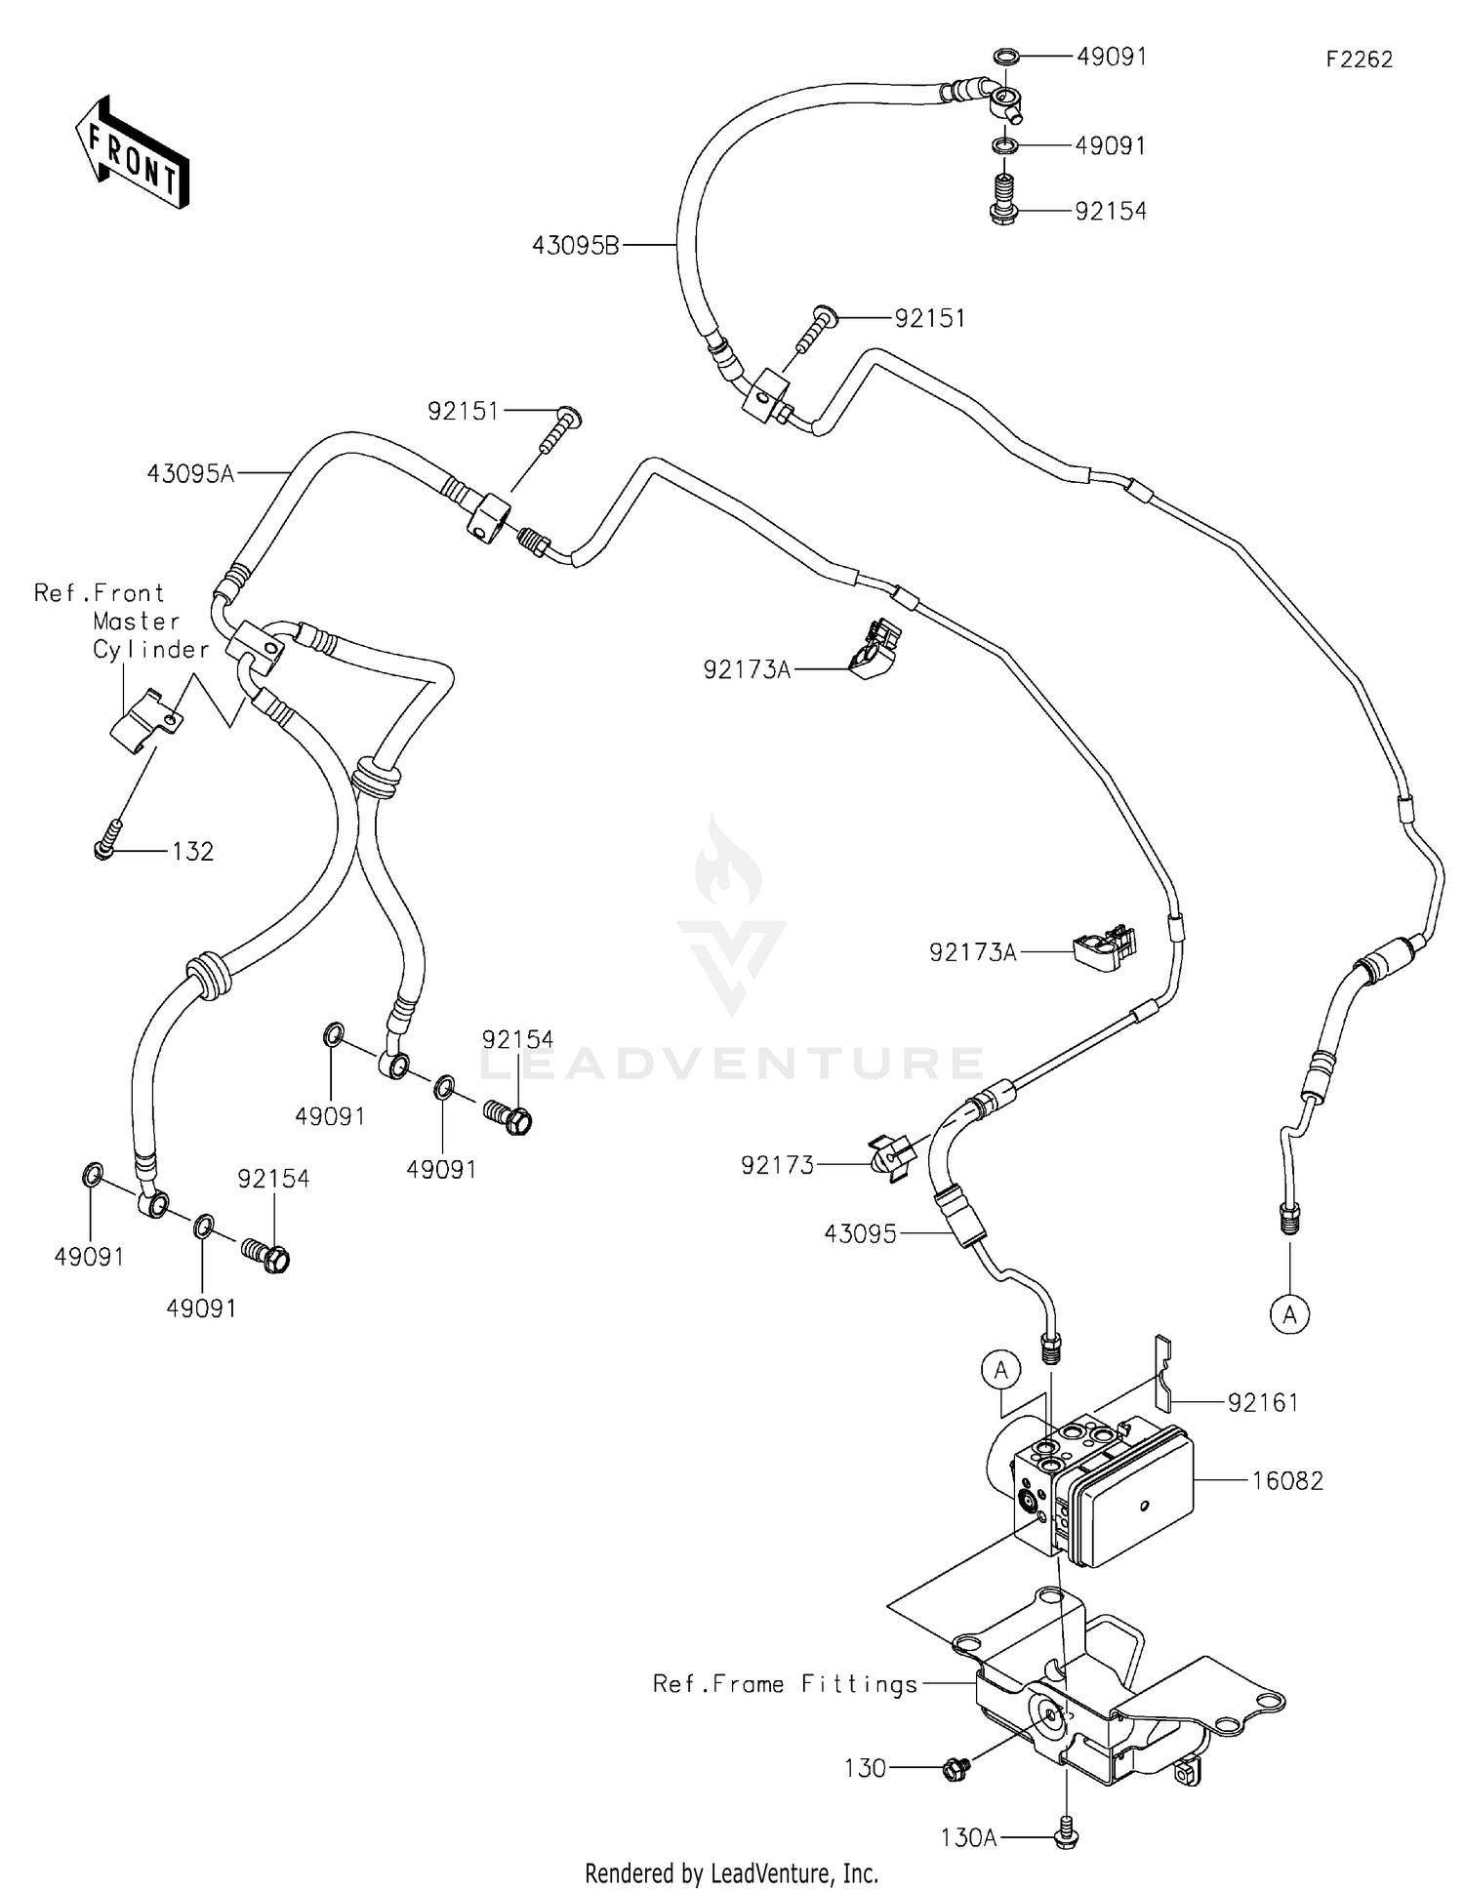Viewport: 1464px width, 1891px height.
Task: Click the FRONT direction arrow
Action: pyautogui.click(x=131, y=152)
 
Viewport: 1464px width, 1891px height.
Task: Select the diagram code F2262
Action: pyautogui.click(x=1359, y=60)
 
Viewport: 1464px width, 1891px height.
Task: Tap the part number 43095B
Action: pyautogui.click(x=575, y=246)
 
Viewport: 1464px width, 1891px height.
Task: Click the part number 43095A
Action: pyautogui.click(x=190, y=474)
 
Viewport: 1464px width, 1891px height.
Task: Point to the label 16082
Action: pyautogui.click(x=1287, y=1481)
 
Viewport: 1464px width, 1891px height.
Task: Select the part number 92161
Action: pyautogui.click(x=1263, y=1403)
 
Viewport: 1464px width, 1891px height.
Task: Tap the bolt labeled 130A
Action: pyautogui.click(x=1066, y=1838)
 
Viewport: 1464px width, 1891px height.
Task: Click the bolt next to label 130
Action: pyautogui.click(x=956, y=1767)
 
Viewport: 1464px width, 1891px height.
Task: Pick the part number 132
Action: pyautogui.click(x=192, y=852)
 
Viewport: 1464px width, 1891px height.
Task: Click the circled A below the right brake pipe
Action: pyautogui.click(x=1289, y=1315)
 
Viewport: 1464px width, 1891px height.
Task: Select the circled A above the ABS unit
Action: pyautogui.click(x=1000, y=1371)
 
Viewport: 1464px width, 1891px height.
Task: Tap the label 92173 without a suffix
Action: pyautogui.click(x=777, y=1165)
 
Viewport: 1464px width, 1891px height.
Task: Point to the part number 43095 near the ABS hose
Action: pyautogui.click(x=860, y=1234)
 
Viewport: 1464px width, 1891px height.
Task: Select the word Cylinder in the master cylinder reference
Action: pyautogui.click(x=151, y=650)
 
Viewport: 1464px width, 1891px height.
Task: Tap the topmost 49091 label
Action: pyautogui.click(x=1111, y=57)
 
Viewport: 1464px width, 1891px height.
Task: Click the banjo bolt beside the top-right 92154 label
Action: pyautogui.click(x=1004, y=200)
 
